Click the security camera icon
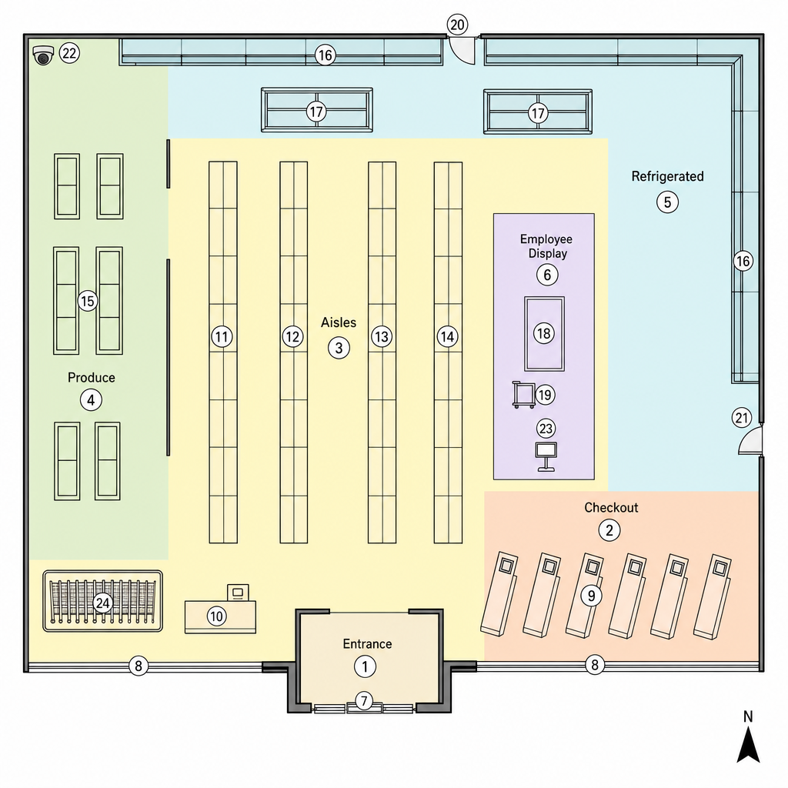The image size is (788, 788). [x=43, y=55]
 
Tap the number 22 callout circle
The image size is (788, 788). [x=69, y=53]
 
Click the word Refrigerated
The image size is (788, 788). [x=667, y=176]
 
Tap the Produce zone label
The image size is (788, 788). [x=92, y=377]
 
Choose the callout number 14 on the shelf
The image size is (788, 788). [x=447, y=336]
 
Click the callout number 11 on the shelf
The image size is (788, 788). [x=222, y=336]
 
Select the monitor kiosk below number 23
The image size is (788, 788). [x=546, y=456]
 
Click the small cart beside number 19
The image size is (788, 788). [x=523, y=395]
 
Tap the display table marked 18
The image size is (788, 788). [x=544, y=334]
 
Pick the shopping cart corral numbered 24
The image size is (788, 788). [x=102, y=601]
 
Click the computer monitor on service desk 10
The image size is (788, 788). [x=238, y=593]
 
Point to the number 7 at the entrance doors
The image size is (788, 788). [x=364, y=700]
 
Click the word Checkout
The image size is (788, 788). [x=611, y=508]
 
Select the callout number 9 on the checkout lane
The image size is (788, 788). [x=592, y=596]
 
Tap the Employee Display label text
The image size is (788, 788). [x=546, y=246]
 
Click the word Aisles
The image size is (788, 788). [x=339, y=322]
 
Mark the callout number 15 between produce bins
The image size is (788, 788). [x=88, y=301]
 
